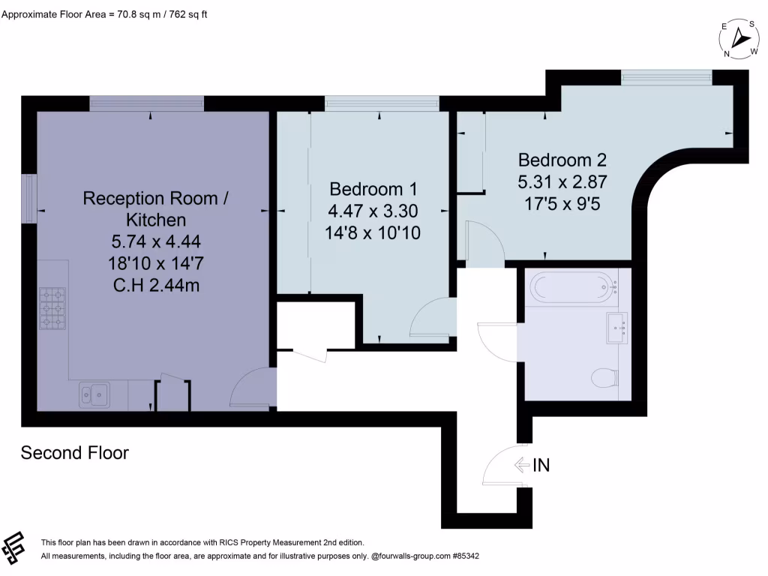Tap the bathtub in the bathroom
tap(572, 286)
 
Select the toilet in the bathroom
tap(604, 377)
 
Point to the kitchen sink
tap(94, 394)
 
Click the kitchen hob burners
tap(52, 308)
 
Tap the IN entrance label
tap(541, 465)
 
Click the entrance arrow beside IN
tap(522, 465)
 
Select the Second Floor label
tap(74, 453)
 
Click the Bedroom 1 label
tap(373, 189)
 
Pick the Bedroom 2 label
tap(562, 160)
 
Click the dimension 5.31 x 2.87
tap(562, 181)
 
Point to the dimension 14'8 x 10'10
tap(373, 232)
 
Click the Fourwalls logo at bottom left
tap(16, 549)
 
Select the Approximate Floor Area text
tap(105, 13)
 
